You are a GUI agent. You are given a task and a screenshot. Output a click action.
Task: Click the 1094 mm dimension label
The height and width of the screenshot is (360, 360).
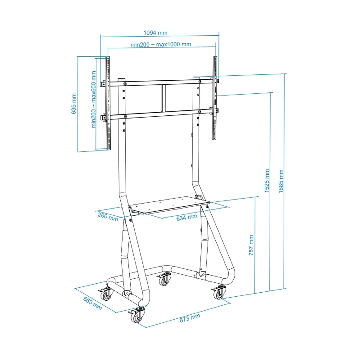(x=155, y=33)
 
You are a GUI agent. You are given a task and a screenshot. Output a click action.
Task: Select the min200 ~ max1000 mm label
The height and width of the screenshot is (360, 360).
(x=161, y=44)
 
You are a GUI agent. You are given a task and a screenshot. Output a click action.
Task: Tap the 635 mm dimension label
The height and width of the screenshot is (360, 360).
(x=74, y=103)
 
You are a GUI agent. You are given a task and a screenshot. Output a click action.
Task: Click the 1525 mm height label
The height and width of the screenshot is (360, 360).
(x=267, y=181)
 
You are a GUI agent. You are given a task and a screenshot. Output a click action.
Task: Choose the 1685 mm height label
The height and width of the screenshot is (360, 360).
(x=281, y=181)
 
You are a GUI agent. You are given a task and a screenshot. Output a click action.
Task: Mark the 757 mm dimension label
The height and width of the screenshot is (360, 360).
(x=251, y=245)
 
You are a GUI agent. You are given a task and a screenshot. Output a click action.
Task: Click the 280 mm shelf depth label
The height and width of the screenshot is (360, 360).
(x=108, y=217)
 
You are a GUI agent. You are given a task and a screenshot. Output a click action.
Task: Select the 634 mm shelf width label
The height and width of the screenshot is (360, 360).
(x=187, y=218)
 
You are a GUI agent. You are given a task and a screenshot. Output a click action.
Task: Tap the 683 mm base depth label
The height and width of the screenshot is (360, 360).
(x=92, y=303)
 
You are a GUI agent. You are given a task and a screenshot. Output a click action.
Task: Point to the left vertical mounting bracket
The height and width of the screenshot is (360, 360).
(x=108, y=103)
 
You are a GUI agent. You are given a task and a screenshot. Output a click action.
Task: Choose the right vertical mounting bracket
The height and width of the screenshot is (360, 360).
(x=215, y=98)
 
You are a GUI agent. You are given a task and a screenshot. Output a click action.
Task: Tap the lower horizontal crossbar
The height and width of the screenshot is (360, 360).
(x=160, y=114)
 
